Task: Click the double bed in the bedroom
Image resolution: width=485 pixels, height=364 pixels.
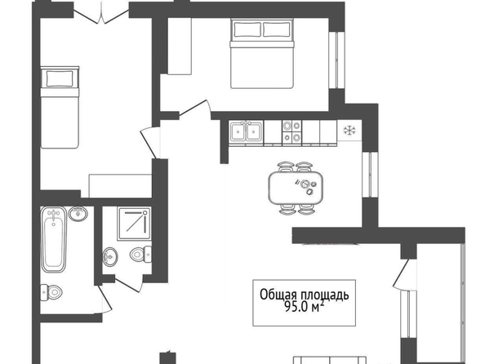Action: [261, 54]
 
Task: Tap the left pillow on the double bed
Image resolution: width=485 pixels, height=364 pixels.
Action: [247, 30]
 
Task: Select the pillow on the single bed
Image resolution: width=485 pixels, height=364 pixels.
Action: [60, 78]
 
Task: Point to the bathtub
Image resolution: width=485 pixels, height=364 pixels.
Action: [54, 240]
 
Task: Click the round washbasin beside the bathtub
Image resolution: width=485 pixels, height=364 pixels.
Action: [78, 213]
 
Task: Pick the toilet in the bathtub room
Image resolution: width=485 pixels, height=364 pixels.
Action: [51, 292]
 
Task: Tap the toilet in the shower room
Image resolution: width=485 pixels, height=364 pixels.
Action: [140, 254]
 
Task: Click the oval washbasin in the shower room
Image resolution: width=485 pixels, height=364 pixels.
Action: [109, 257]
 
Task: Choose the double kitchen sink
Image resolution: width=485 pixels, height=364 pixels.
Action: [246, 132]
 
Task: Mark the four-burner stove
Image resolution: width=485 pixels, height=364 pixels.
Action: [291, 131]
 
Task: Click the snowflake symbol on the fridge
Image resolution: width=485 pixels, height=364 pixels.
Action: [349, 131]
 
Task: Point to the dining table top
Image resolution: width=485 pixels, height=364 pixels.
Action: [296, 188]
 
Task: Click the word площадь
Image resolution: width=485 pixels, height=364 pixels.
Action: [325, 295]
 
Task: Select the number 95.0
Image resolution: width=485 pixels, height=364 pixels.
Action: [296, 308]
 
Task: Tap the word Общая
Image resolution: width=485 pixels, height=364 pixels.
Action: [278, 295]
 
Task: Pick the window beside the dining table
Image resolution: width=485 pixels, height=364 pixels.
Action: [370, 175]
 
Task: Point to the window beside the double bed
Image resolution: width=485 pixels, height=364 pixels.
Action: [336, 60]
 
